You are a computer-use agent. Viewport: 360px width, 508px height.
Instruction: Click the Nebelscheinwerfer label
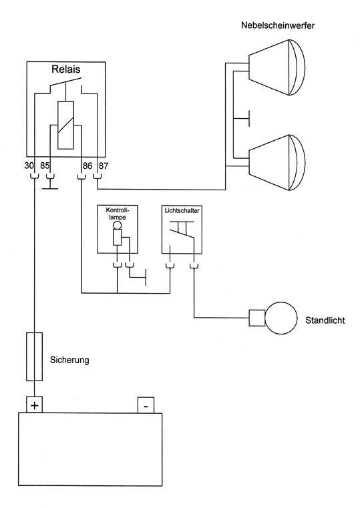pos(278,25)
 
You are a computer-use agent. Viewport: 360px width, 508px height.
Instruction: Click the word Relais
pos(65,69)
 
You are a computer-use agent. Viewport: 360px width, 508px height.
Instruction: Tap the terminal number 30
pos(29,165)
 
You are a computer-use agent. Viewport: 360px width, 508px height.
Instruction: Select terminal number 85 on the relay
pos(45,165)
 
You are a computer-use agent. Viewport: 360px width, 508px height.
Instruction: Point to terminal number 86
pos(86,165)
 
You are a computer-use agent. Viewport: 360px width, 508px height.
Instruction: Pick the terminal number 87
pos(103,165)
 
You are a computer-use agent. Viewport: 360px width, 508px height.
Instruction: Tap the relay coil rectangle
pos(66,125)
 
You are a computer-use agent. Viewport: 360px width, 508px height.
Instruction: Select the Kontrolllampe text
pos(118,214)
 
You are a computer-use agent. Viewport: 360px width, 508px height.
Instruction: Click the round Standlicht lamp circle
pos(281,317)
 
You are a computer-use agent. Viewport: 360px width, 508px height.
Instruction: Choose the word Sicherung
pos(69,360)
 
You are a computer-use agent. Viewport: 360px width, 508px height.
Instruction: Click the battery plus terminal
pos(34,405)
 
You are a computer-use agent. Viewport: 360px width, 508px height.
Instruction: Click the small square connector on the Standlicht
pos(257,317)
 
